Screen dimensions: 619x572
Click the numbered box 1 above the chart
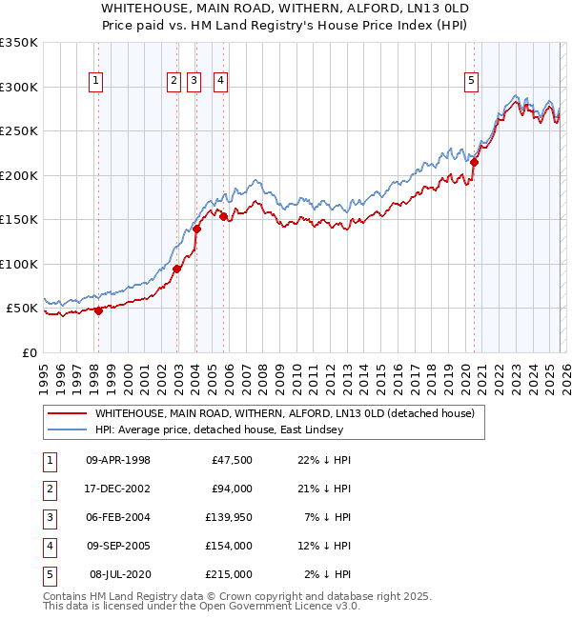(x=97, y=82)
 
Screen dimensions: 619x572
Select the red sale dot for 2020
(x=474, y=162)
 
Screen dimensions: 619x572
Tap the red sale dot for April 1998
(x=98, y=310)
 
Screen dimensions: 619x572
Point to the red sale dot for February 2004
(x=196, y=229)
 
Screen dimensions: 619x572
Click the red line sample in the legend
(x=67, y=413)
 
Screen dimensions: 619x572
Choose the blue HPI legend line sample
(x=67, y=429)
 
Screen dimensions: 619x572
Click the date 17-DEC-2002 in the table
(x=118, y=489)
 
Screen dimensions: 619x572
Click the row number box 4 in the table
(x=49, y=546)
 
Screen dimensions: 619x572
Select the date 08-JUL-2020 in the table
(x=118, y=574)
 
